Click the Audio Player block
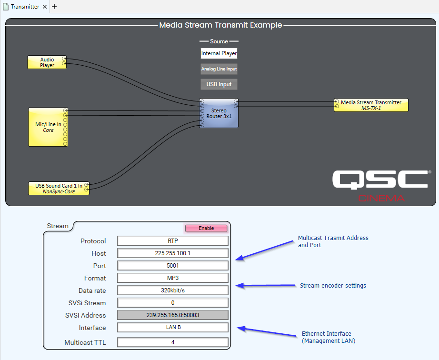tap(47, 62)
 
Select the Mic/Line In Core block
tap(48, 127)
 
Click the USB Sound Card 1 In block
tap(59, 188)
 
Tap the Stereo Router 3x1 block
tap(219, 113)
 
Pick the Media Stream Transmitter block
tap(371, 105)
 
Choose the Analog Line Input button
tap(219, 69)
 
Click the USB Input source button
tap(219, 84)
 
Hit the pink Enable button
tap(206, 228)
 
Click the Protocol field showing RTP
tap(173, 241)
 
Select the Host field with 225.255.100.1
tap(173, 253)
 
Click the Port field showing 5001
tap(173, 266)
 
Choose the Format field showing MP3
tap(173, 278)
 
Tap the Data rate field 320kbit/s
tap(173, 290)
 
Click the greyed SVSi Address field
tap(173, 315)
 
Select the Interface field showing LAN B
tap(173, 328)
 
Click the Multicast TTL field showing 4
tap(173, 342)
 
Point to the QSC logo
tap(379, 180)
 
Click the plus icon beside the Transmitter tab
tap(54, 7)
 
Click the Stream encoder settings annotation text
tap(332, 286)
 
